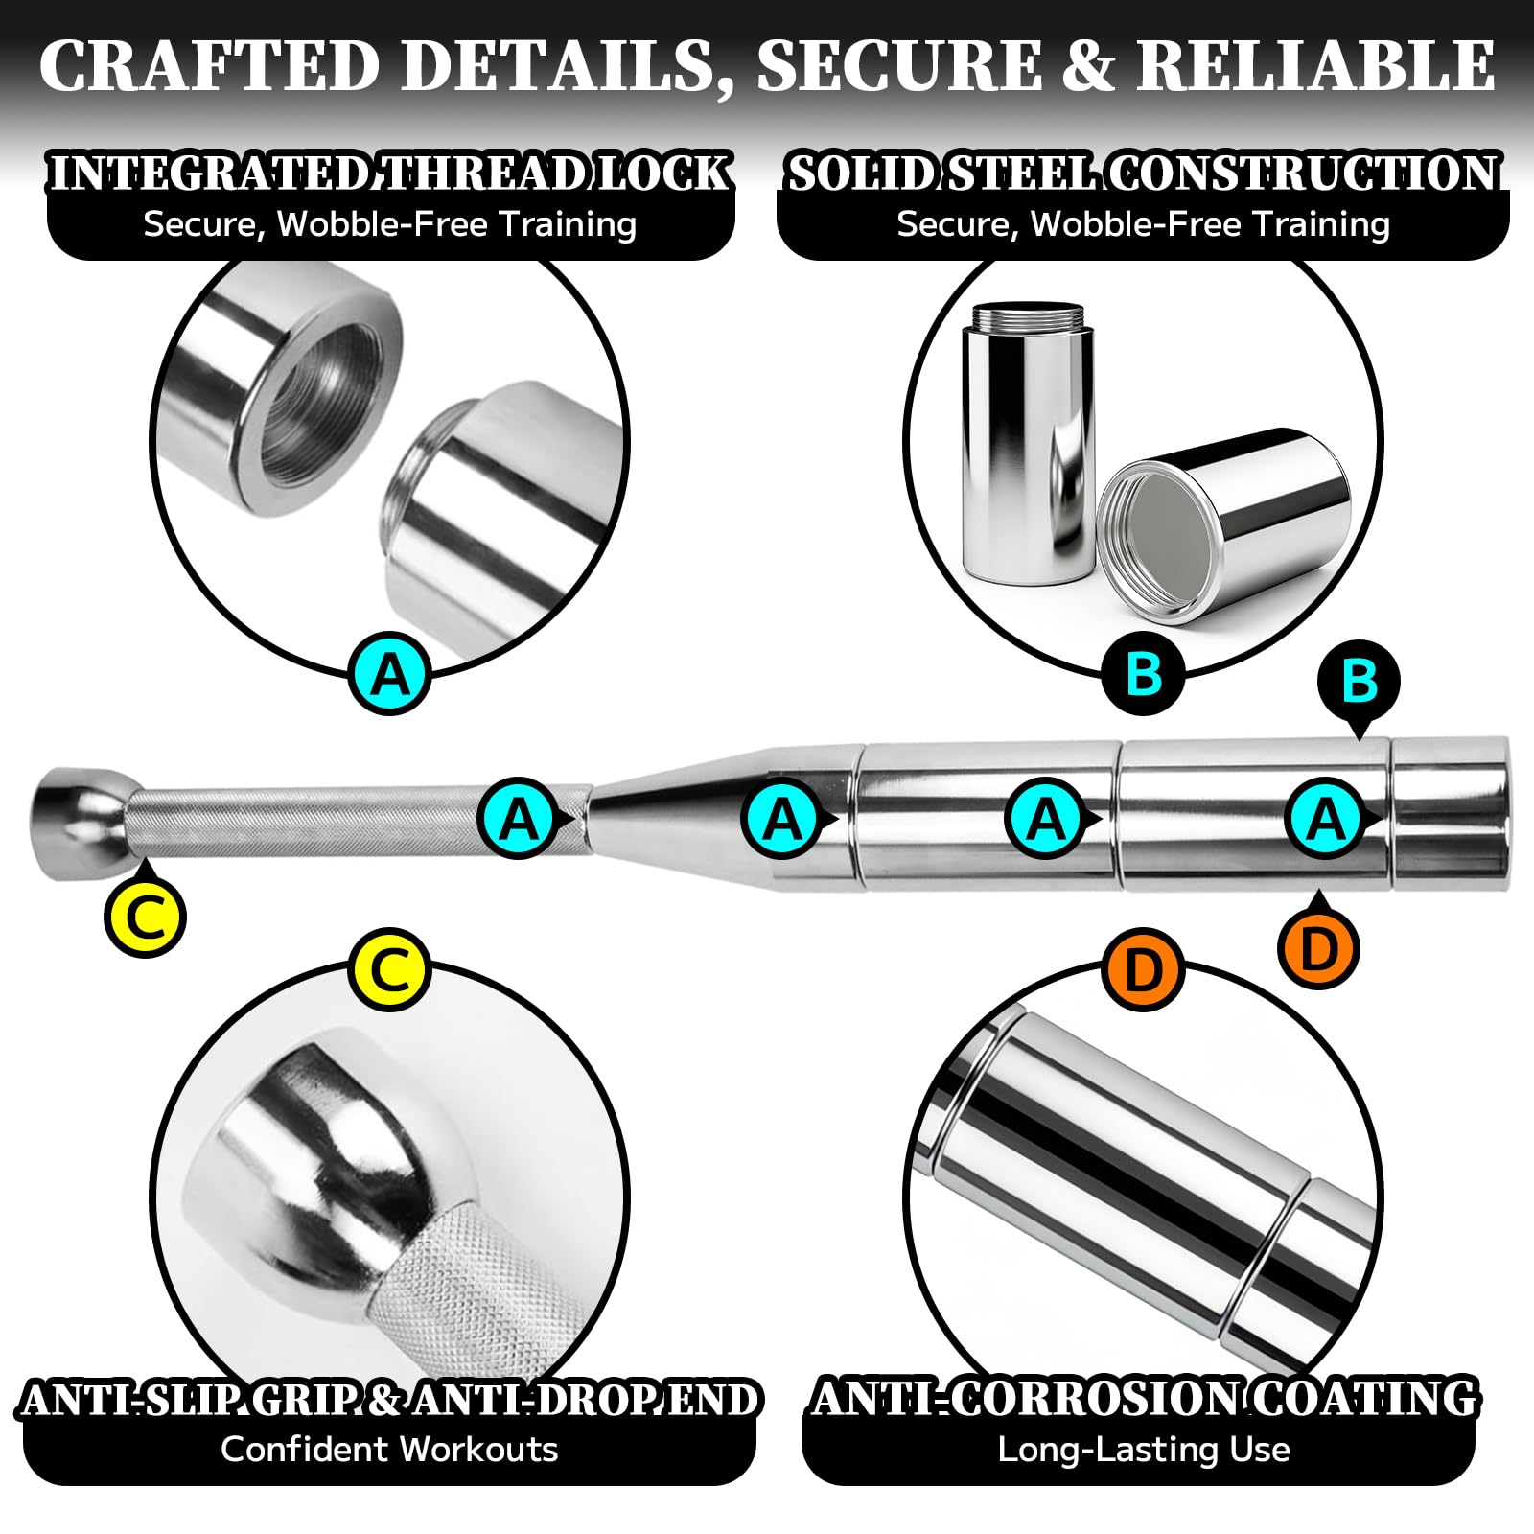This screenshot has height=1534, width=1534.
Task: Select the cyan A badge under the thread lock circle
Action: (x=389, y=674)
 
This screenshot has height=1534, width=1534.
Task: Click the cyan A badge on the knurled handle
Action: (x=519, y=819)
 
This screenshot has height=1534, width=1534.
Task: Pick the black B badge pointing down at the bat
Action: (x=1360, y=683)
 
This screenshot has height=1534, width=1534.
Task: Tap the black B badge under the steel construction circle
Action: (x=1144, y=674)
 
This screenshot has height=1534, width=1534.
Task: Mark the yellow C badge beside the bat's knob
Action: (x=145, y=915)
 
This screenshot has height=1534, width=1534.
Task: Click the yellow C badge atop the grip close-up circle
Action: (x=389, y=970)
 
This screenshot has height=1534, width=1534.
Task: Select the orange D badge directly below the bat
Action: (x=1319, y=946)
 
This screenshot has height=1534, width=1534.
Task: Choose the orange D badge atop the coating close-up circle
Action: (x=1144, y=970)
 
